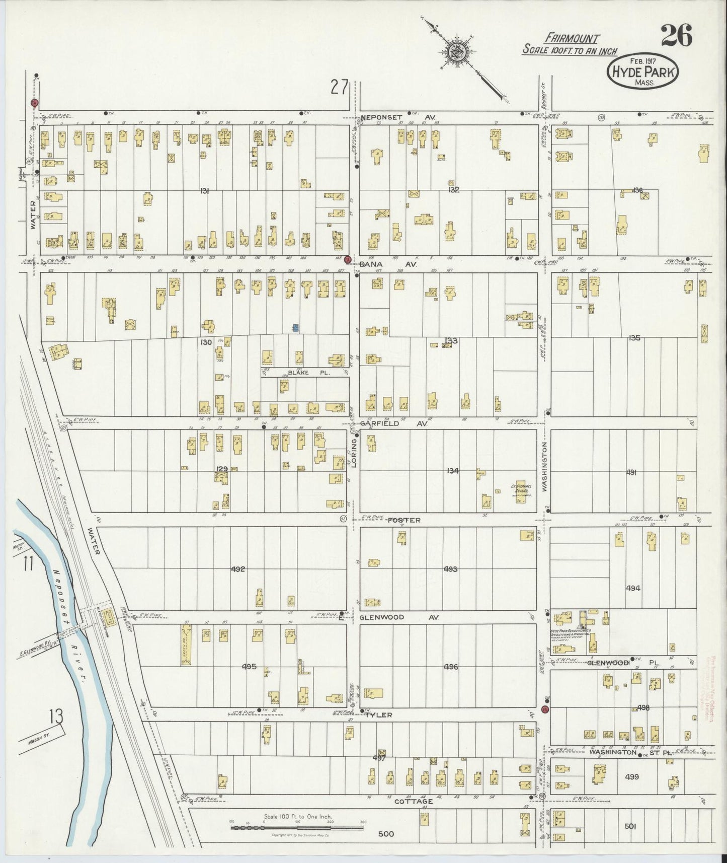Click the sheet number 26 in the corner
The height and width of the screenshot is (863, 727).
tap(676, 35)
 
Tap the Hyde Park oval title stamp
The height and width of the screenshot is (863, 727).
tap(643, 72)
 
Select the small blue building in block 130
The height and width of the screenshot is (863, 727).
tap(296, 328)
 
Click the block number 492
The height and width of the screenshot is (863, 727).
tap(237, 569)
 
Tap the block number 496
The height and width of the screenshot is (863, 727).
tap(450, 667)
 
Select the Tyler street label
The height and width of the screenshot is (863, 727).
tap(378, 714)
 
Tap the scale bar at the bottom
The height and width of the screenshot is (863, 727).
tap(297, 827)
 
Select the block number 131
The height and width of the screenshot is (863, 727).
tap(204, 190)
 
